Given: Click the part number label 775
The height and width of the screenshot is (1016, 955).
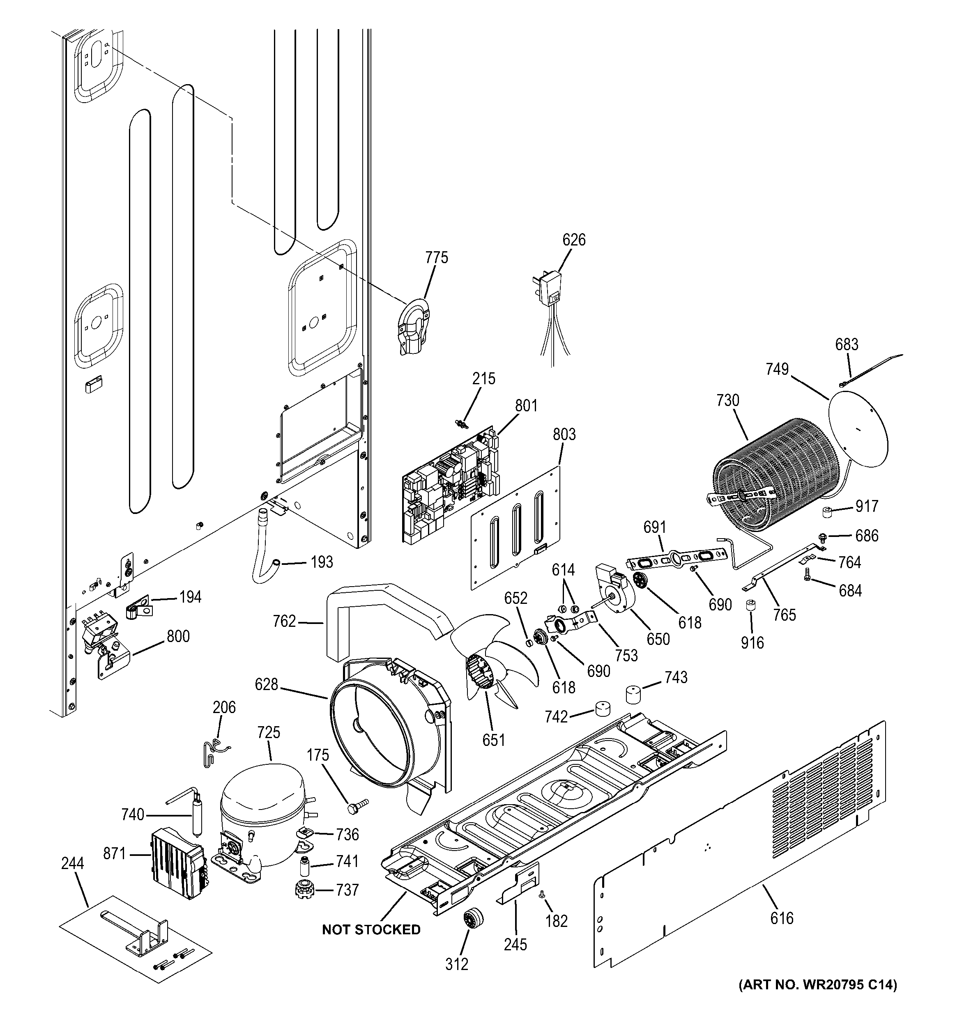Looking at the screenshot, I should [437, 257].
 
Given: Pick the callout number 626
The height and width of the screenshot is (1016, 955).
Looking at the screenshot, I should [573, 240].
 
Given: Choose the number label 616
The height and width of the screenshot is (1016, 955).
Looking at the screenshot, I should [782, 918].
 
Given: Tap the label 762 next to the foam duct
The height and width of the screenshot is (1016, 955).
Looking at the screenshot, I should [285, 621].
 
